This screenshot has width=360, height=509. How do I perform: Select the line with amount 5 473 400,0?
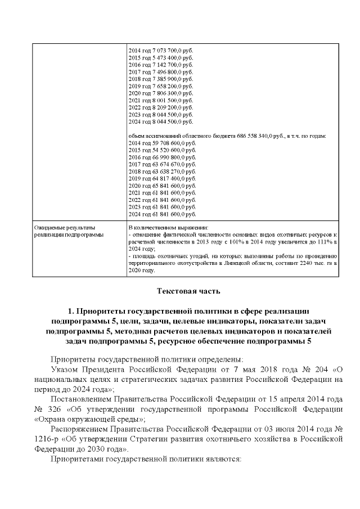[x=161, y=58]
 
